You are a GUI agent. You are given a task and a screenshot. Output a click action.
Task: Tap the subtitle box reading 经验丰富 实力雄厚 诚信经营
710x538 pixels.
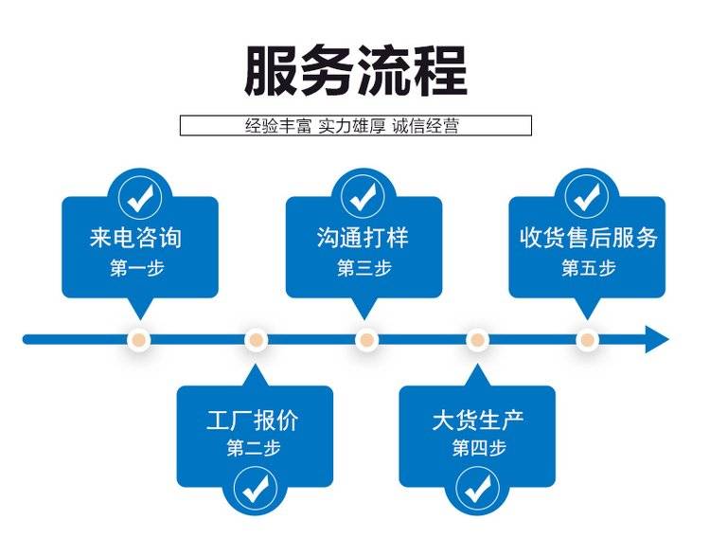(355, 125)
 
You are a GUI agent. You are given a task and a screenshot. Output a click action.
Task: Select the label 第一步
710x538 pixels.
(137, 268)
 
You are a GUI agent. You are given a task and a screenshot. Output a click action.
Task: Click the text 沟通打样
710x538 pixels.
(364, 237)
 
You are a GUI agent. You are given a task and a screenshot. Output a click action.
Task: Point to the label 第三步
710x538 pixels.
(364, 268)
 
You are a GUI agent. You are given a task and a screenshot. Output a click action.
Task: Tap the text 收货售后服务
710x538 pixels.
(588, 237)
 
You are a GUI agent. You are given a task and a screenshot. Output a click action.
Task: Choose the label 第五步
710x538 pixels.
(588, 268)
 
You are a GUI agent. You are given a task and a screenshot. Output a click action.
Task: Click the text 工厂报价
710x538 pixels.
(255, 420)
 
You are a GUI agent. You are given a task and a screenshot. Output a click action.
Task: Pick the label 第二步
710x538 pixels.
(254, 449)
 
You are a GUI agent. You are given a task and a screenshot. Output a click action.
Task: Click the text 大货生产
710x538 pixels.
(478, 420)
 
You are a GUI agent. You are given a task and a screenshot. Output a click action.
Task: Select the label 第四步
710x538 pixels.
(478, 449)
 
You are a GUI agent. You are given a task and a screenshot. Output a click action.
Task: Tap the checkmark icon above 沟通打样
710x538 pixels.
(364, 196)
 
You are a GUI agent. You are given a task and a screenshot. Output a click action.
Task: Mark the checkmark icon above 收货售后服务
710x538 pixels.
(587, 196)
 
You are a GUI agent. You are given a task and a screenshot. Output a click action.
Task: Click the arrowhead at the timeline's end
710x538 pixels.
(657, 338)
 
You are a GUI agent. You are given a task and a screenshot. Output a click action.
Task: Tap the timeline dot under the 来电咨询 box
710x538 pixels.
(140, 339)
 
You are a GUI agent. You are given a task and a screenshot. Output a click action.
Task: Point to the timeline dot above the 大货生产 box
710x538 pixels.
(477, 339)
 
